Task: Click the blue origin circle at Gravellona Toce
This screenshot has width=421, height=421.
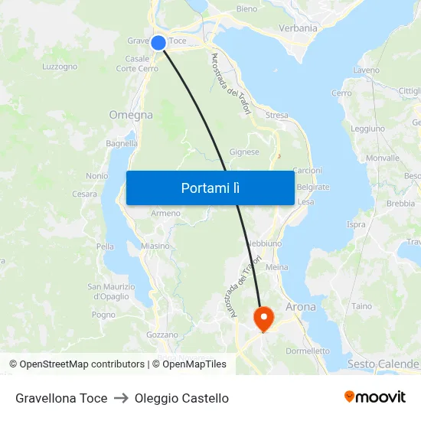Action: [x=158, y=43]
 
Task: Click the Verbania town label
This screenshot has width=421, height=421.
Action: [x=299, y=28]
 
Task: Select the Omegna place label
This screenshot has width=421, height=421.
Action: [x=131, y=115]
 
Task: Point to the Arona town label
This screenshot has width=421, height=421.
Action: [x=300, y=307]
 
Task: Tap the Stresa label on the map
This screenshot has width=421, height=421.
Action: [x=277, y=116]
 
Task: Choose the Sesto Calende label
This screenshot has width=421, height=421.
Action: [x=383, y=364]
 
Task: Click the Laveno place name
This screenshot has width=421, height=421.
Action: [x=367, y=70]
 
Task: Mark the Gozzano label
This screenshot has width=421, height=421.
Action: [x=162, y=335]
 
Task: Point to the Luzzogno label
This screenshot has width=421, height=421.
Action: [x=60, y=67]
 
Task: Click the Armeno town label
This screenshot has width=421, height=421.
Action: [x=165, y=213]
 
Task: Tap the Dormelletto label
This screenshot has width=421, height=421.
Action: [x=307, y=351]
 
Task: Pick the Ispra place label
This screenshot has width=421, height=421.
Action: [x=356, y=224]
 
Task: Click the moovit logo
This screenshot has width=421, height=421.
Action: [x=375, y=397]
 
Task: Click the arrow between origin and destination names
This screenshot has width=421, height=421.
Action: [x=121, y=398]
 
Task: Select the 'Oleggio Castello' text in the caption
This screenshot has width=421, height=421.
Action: [x=181, y=398]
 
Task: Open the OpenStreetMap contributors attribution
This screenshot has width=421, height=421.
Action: [x=77, y=364]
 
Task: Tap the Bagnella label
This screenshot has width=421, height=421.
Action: [x=122, y=143]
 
